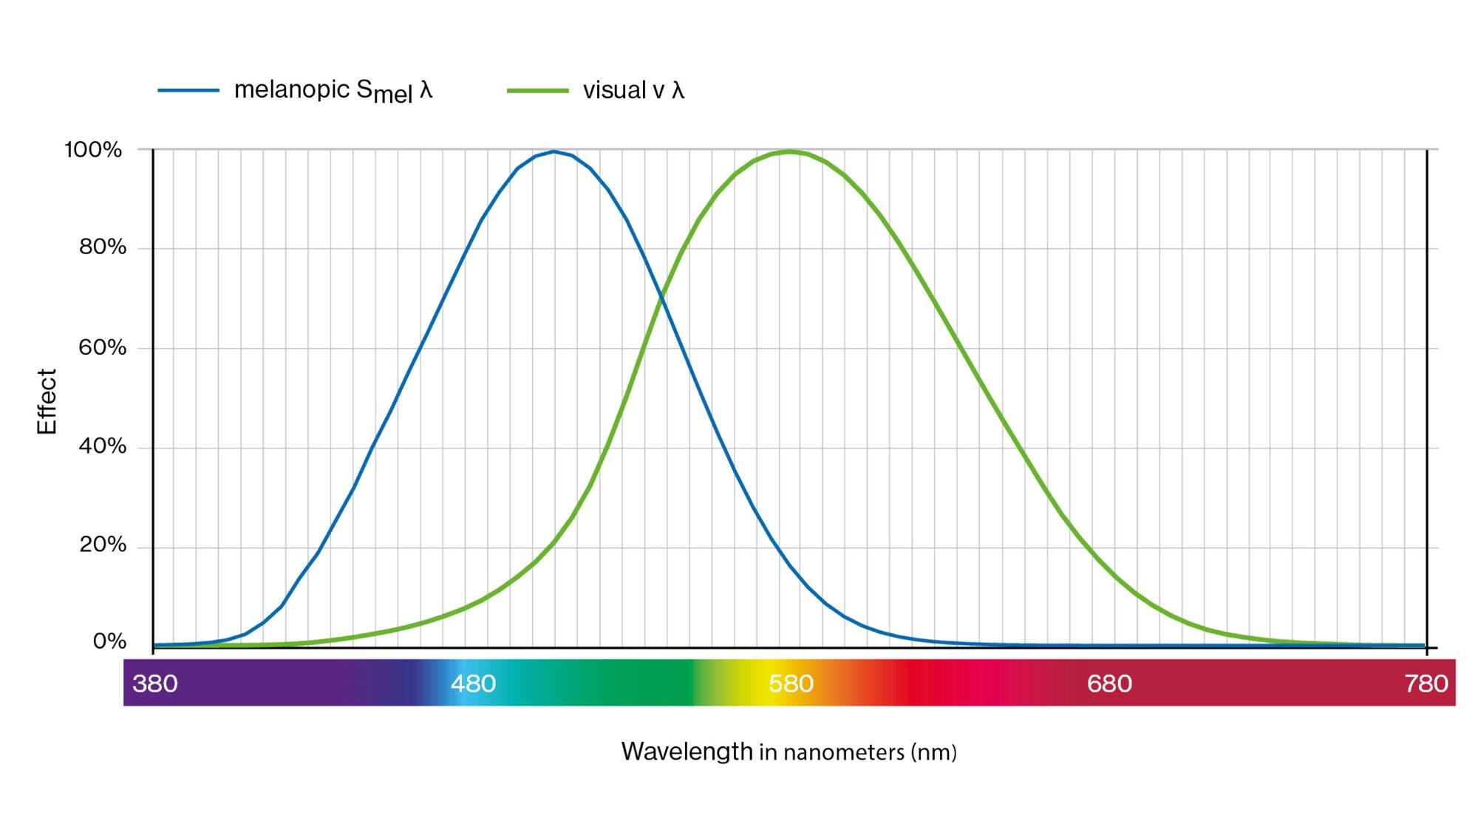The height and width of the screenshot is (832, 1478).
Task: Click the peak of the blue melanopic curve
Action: (x=554, y=151)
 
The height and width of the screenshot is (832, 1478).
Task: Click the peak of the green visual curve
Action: (x=789, y=151)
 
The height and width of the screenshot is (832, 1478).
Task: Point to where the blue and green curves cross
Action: (x=662, y=298)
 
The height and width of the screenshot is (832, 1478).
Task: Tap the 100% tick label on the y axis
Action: (x=93, y=150)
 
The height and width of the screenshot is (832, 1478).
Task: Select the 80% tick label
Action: (x=103, y=248)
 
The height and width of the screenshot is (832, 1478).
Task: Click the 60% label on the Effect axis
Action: (x=103, y=347)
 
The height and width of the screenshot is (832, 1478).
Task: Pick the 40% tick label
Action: (x=103, y=446)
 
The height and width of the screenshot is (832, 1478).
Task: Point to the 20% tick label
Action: (x=103, y=545)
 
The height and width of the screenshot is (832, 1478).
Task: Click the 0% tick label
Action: (x=109, y=641)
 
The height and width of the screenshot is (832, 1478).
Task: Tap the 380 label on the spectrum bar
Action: (x=155, y=683)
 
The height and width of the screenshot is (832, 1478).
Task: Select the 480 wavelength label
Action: (x=473, y=683)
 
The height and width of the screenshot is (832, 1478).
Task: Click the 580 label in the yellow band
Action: (x=791, y=683)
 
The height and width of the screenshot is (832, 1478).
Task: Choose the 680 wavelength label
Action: (x=1109, y=683)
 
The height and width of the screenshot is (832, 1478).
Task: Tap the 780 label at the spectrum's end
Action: (x=1426, y=683)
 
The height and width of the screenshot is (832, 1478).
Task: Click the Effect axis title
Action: (x=47, y=401)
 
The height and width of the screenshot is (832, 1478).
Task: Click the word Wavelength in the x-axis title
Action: (x=687, y=751)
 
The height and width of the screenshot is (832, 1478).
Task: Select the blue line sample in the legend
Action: (x=188, y=90)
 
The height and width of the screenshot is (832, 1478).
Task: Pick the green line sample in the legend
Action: (x=537, y=90)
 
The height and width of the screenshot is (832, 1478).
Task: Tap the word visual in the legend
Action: (x=614, y=90)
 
